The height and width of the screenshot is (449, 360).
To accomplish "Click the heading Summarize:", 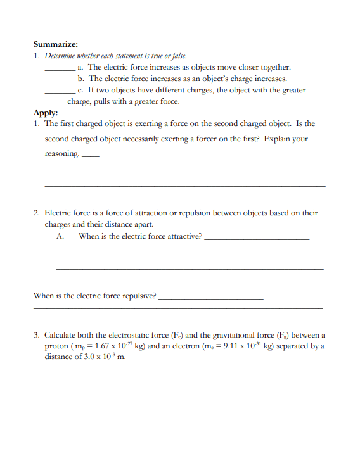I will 55,44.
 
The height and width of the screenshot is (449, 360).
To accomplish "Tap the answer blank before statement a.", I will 60,68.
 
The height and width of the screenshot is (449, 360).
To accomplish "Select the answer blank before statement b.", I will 60,79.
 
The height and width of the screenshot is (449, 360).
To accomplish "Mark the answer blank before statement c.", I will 60,91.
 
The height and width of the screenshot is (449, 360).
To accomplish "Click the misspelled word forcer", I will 210,139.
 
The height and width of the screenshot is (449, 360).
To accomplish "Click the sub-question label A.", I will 61,236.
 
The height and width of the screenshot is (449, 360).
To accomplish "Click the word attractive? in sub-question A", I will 183,236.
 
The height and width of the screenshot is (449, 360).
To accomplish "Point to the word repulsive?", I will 135,295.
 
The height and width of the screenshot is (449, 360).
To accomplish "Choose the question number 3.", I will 37,334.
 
